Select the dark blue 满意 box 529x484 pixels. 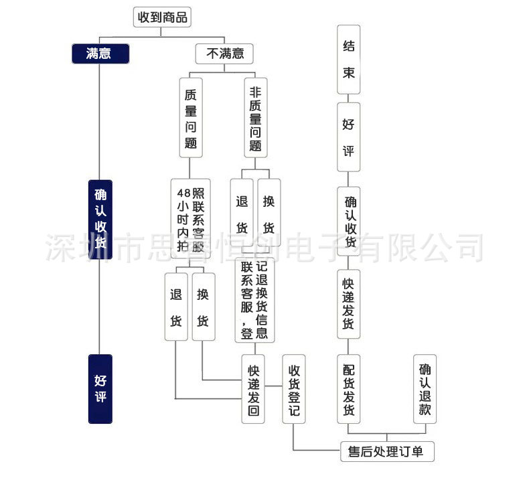tap(99, 53)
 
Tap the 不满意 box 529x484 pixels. tap(225, 54)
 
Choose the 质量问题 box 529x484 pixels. tap(191, 118)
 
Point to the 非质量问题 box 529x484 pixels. tap(255, 118)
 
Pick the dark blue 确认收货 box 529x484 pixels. tap(100, 218)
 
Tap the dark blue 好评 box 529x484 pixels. tap(100, 388)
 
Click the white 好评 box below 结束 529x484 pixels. tap(349, 137)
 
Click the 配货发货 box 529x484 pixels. tap(349, 389)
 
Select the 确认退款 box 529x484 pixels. tap(425, 389)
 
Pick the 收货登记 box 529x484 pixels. tap(293, 389)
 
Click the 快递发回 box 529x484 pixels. tap(254, 389)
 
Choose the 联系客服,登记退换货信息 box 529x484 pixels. tap(254, 301)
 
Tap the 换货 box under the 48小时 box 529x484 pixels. tap(202, 306)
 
